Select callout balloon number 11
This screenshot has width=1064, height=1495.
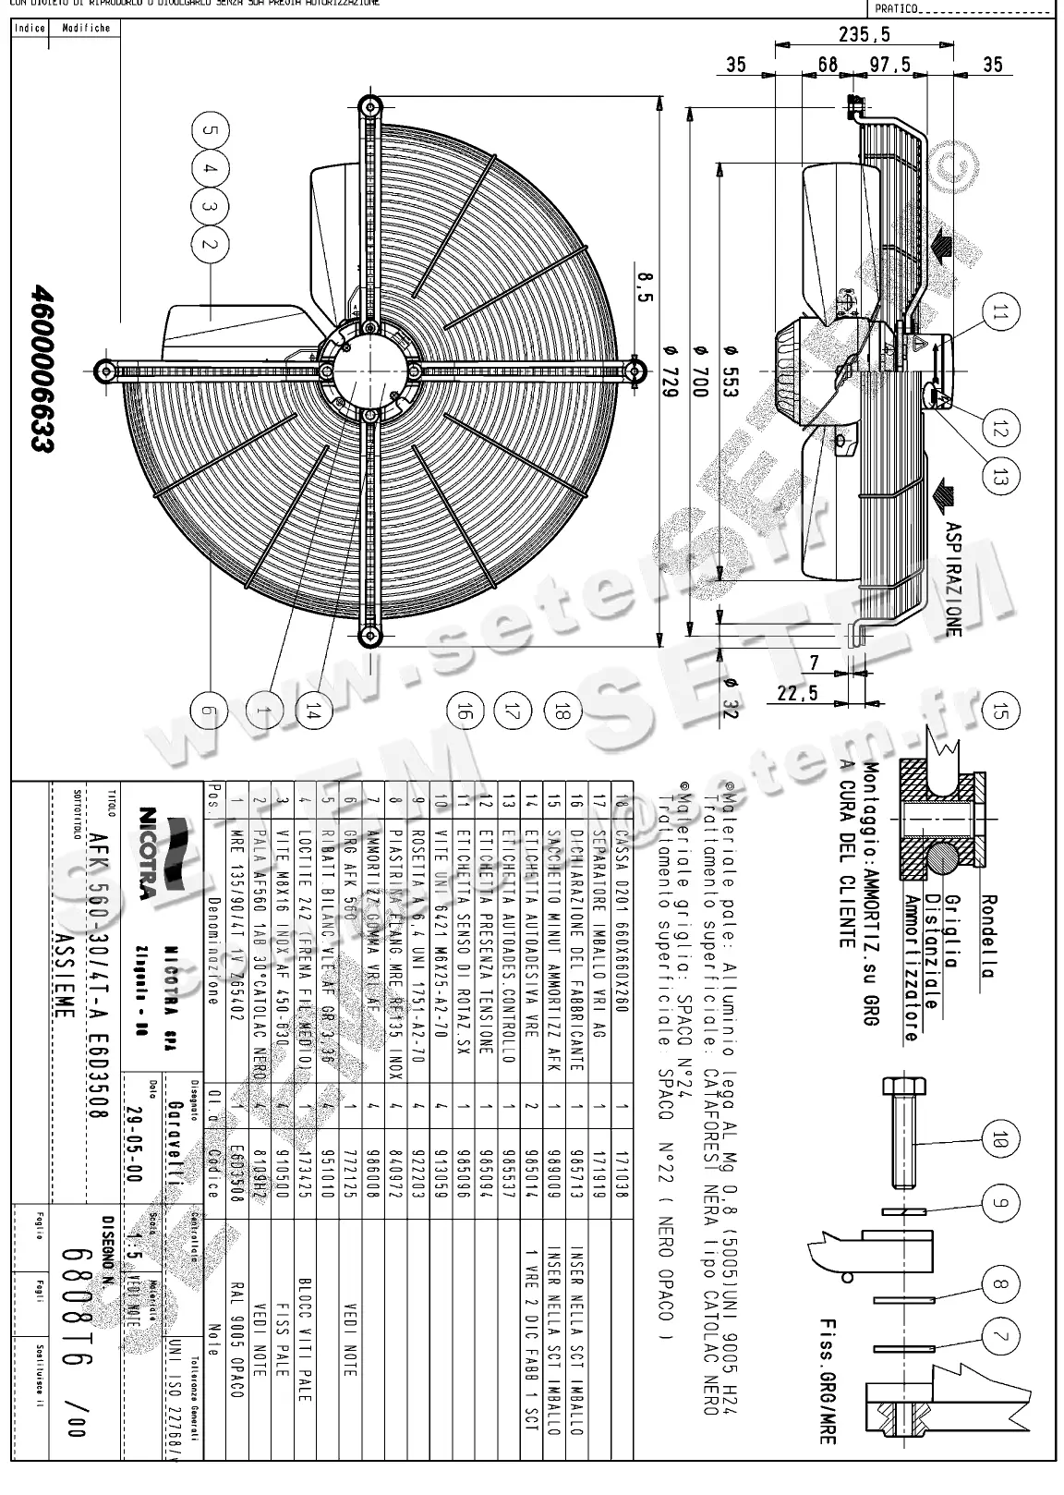click(996, 314)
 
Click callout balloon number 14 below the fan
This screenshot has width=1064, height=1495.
click(314, 711)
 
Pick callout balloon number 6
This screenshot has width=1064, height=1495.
click(210, 711)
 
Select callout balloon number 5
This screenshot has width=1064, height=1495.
click(210, 130)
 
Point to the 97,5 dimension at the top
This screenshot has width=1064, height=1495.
click(891, 65)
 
